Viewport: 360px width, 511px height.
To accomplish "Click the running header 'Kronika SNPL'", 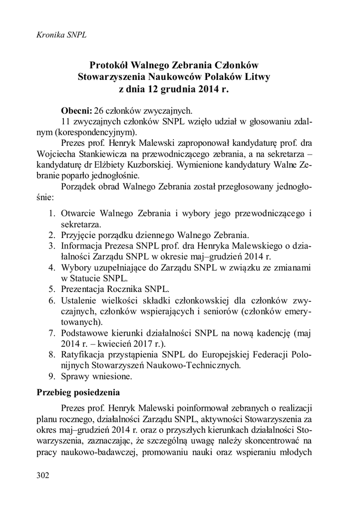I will coord(58,35).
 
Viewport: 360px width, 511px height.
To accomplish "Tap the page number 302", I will coord(44,475).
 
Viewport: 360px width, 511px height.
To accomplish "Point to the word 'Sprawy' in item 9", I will coord(75,376).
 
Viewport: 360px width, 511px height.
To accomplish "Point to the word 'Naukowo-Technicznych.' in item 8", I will coord(199,365).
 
